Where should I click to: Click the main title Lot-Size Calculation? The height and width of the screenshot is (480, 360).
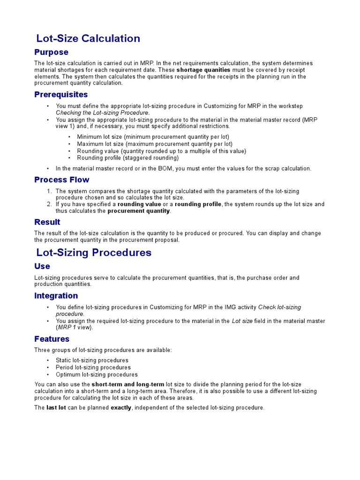88,38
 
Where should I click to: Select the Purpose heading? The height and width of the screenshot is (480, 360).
51,52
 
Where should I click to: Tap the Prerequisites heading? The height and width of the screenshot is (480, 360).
61,95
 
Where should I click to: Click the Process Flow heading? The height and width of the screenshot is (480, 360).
61,180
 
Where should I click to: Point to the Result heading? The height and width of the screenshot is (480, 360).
47,222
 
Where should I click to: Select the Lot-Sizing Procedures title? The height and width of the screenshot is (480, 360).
94,253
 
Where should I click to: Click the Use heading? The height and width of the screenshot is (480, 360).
42,266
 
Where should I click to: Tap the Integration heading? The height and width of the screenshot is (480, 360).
56,296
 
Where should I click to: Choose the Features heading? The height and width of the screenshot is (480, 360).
52,339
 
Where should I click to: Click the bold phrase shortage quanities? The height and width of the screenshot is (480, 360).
203,70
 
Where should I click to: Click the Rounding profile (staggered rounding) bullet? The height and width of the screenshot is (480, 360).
127,158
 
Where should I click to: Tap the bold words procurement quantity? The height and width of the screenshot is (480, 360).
138,211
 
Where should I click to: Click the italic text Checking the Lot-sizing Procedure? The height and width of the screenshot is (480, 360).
103,112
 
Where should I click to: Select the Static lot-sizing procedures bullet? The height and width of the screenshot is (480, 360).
92,360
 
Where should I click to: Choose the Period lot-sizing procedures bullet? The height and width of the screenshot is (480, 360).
93,367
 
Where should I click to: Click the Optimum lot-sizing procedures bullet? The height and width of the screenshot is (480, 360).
97,375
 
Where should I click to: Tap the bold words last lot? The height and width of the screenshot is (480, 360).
56,408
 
